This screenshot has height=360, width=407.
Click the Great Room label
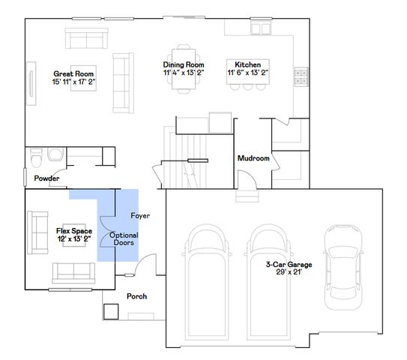click(x=73, y=73)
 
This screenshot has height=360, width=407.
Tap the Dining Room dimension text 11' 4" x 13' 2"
click(x=184, y=73)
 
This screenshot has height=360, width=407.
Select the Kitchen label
click(x=247, y=65)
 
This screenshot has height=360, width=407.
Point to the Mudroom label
click(x=253, y=158)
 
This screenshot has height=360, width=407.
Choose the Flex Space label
click(x=73, y=231)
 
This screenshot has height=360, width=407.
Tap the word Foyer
click(x=140, y=216)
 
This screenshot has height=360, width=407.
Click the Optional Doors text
click(x=124, y=239)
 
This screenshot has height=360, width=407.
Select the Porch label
click(x=136, y=296)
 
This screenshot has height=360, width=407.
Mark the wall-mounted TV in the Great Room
click(x=31, y=81)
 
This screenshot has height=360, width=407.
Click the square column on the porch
click(x=111, y=310)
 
